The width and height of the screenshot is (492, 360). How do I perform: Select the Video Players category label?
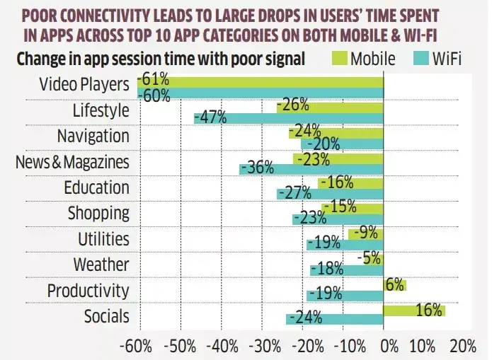83,85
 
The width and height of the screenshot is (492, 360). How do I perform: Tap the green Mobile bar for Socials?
413,310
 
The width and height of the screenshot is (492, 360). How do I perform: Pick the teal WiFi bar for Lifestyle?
288,117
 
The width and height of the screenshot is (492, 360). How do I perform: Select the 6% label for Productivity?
395,284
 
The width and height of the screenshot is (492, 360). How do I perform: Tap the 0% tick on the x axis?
389,347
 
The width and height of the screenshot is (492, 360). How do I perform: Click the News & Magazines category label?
72,162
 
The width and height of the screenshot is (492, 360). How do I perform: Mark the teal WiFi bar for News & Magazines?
311,169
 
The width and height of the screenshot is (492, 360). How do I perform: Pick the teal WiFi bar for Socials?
334,318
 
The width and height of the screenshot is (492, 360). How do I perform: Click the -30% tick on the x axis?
262,347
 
